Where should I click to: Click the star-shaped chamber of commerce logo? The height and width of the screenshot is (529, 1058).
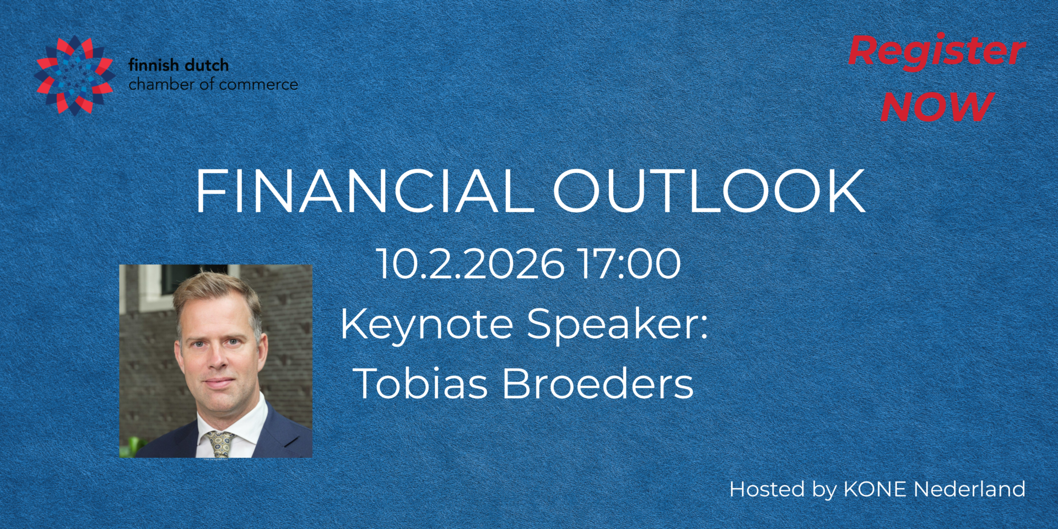click(75, 75)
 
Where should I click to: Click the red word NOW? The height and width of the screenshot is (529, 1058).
click(937, 106)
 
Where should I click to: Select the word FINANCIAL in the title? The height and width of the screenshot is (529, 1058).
click(364, 191)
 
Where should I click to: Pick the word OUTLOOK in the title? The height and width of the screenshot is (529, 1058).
click(709, 191)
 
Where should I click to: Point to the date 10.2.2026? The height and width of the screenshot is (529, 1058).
click(470, 264)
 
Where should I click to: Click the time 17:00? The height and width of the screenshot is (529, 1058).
click(629, 264)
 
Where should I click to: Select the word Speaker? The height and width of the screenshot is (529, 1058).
click(617, 324)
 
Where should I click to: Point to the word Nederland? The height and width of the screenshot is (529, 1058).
click(969, 489)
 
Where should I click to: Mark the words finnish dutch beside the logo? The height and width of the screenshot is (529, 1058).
click(179, 65)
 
